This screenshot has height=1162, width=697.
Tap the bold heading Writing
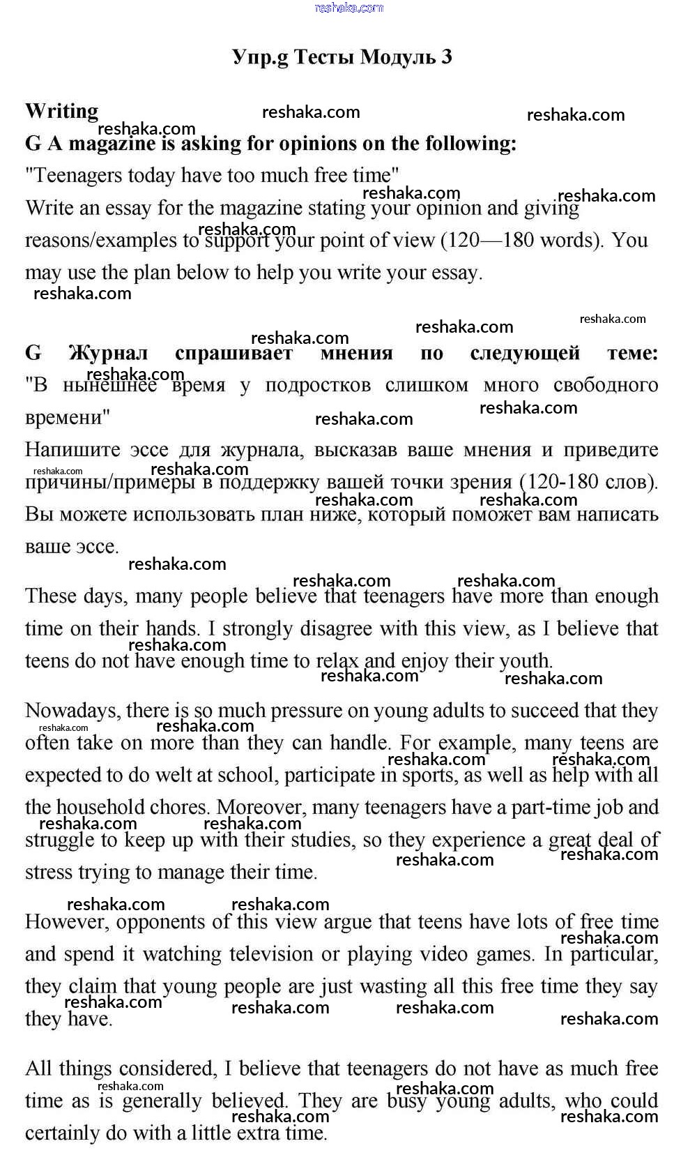[x=61, y=111]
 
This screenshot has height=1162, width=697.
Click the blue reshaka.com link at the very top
[x=348, y=8]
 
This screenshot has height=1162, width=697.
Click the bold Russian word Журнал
[x=107, y=353]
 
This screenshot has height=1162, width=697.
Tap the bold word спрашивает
[x=233, y=353]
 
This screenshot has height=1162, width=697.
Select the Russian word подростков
[x=318, y=385]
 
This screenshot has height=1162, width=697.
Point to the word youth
[x=526, y=660]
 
